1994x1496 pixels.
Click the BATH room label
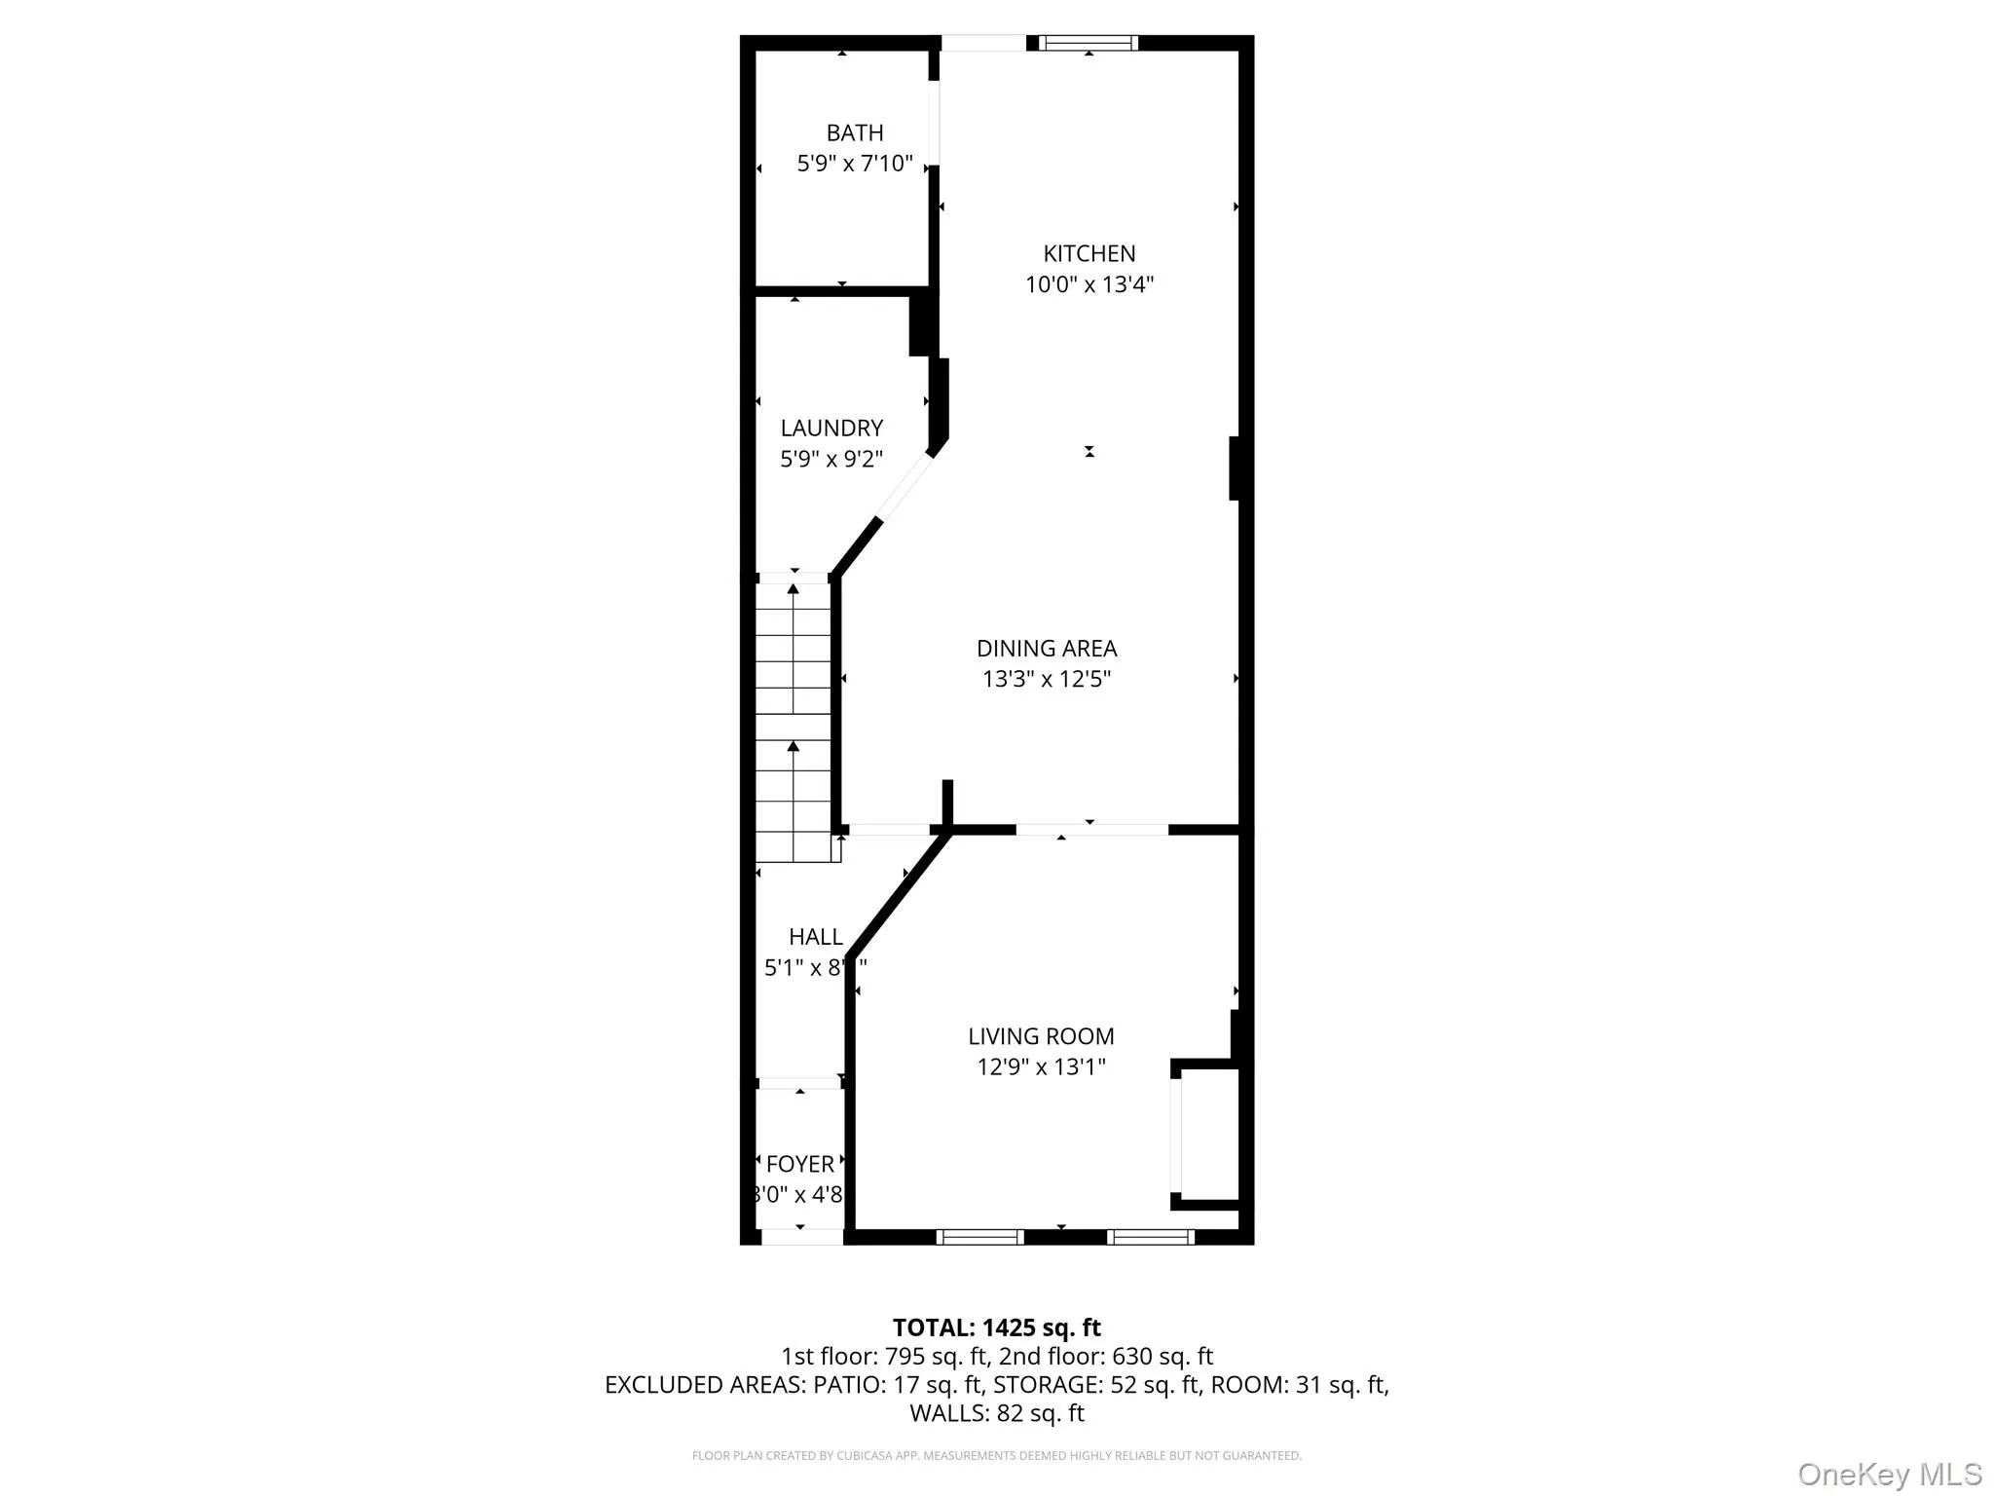click(x=855, y=132)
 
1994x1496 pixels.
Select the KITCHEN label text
click(x=1089, y=253)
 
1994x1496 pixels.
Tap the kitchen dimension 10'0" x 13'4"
click(x=1089, y=284)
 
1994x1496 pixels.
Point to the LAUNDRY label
click(x=831, y=428)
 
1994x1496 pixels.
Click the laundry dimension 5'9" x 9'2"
click(x=831, y=459)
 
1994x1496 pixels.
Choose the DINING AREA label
click(x=1047, y=649)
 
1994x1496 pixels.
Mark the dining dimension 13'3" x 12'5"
click(x=1047, y=680)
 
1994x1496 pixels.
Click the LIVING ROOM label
click(x=1041, y=1036)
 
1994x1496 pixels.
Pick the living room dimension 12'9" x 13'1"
click(x=1041, y=1067)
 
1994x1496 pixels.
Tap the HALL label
click(x=815, y=937)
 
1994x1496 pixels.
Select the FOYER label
click(x=799, y=1164)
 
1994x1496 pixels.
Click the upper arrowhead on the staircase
click(x=794, y=588)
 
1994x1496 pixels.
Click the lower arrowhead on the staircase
click(x=794, y=746)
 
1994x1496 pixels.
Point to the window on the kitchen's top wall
click(x=1088, y=43)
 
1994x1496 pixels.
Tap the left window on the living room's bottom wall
click(x=979, y=1237)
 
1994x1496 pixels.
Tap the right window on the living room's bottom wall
click(x=1150, y=1237)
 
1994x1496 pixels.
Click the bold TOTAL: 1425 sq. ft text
click(x=996, y=1328)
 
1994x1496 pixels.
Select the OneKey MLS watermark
click(x=1889, y=1474)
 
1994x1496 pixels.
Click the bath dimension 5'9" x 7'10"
click(x=855, y=164)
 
